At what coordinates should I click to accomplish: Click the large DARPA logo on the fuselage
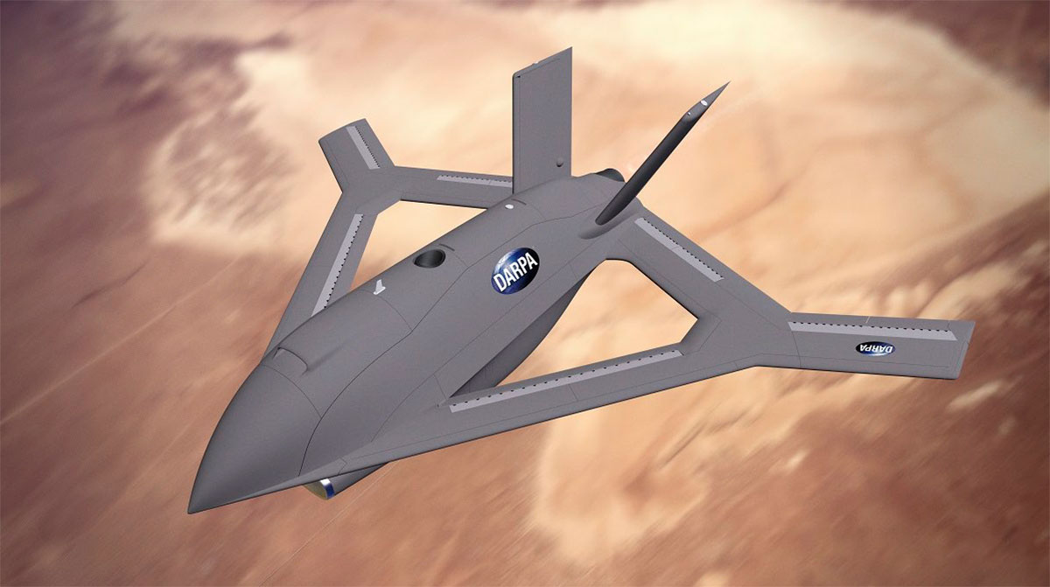515,271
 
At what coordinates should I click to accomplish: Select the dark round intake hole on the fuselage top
430,257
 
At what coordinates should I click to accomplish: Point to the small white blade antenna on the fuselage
377,287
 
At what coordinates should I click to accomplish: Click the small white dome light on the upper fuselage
509,208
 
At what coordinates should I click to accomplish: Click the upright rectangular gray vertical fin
540,114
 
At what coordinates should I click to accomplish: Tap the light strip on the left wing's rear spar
473,180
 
